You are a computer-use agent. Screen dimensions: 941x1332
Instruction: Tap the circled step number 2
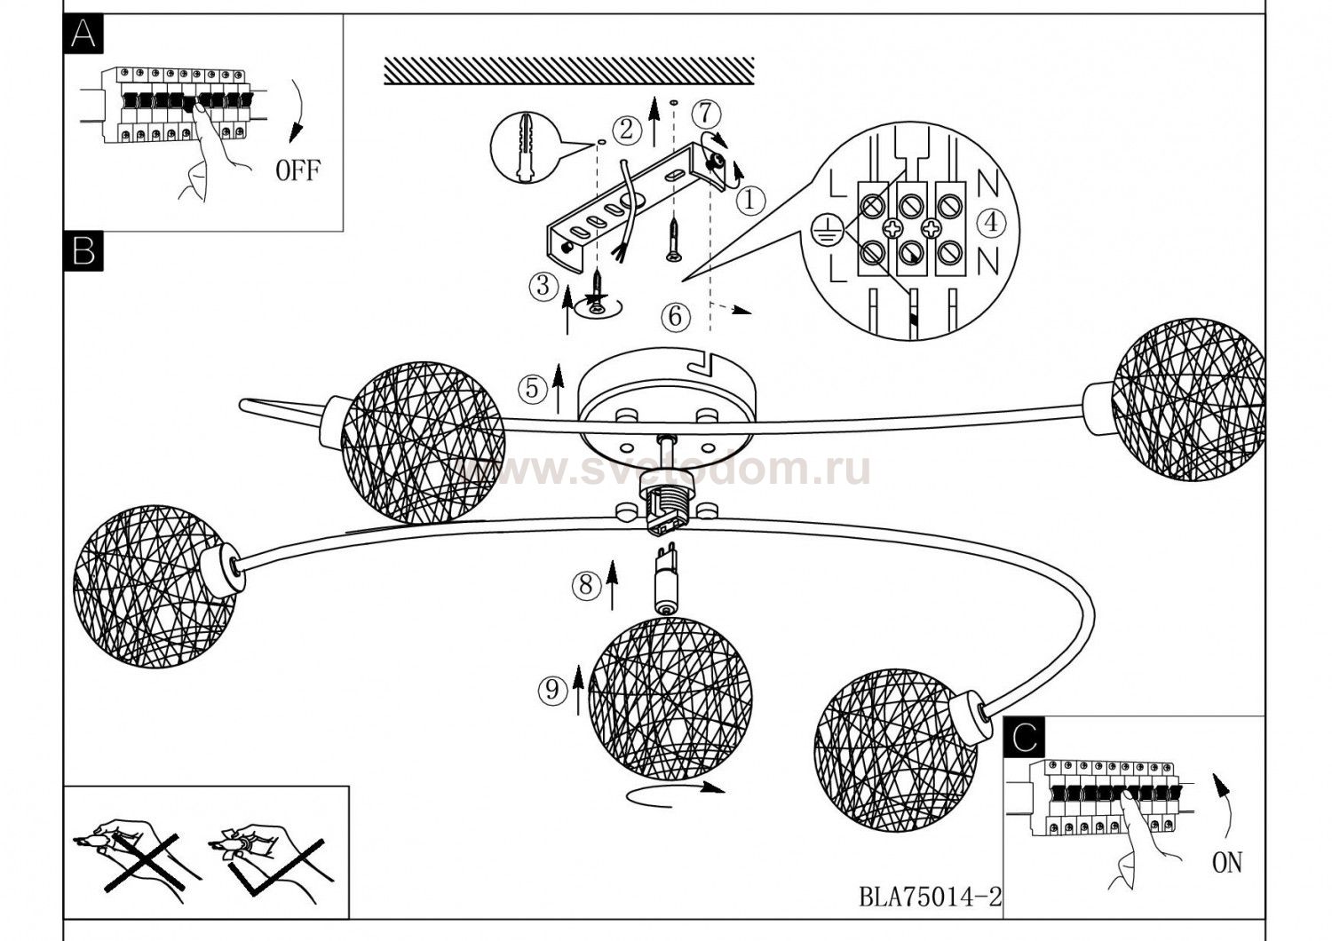(627, 130)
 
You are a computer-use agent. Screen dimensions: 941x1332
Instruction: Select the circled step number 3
(543, 286)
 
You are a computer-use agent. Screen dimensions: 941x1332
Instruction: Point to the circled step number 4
(991, 222)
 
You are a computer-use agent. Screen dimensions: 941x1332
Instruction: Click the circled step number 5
(532, 388)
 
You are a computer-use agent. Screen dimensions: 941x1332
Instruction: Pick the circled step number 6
(675, 315)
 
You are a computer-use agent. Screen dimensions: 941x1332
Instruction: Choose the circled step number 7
(704, 113)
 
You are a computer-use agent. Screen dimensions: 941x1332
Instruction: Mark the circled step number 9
(552, 689)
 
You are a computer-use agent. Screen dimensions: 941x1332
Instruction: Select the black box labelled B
(83, 251)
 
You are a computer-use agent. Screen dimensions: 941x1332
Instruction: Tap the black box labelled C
(1023, 736)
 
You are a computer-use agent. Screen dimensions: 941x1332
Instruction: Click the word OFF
(297, 170)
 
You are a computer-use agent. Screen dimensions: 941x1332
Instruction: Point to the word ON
(1226, 862)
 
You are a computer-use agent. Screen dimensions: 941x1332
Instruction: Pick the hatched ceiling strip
(568, 71)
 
